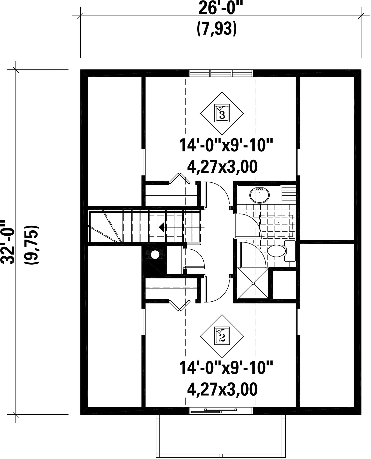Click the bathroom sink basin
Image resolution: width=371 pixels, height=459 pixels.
(259, 196)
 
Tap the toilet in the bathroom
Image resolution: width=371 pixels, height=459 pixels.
(281, 251)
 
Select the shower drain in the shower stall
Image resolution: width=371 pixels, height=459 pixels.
(253, 283)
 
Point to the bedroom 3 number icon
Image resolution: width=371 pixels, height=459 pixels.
(222, 113)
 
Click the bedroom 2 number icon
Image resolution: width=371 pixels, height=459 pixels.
(222, 336)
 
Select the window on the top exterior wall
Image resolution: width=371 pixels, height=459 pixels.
(221, 73)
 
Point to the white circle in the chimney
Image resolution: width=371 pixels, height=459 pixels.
(155, 255)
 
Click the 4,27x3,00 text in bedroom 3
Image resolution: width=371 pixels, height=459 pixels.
(222, 167)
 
